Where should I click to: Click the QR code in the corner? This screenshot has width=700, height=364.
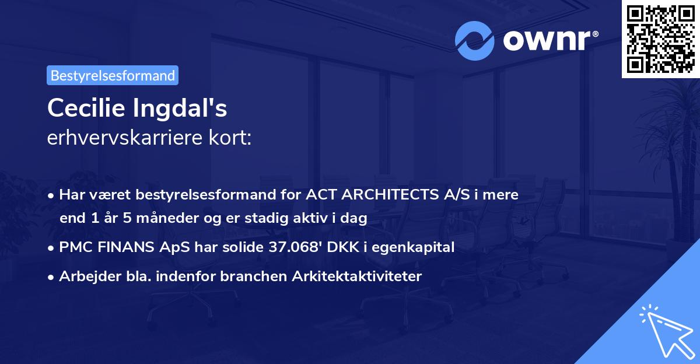tap(660, 39)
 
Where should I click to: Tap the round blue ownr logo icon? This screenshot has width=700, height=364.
tap(474, 41)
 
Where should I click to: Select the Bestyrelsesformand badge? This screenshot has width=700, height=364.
tap(113, 75)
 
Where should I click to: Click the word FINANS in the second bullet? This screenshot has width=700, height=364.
tap(118, 247)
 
